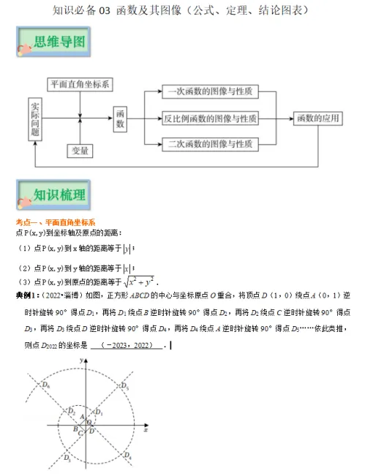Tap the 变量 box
pyautogui.click(x=80, y=150)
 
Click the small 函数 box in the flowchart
pyautogui.click(x=121, y=118)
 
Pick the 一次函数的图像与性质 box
pyautogui.click(x=209, y=92)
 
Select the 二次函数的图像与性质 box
pyautogui.click(x=209, y=144)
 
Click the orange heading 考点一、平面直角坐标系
pyautogui.click(x=56, y=222)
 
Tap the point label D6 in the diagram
pyautogui.click(x=46, y=385)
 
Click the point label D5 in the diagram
pyautogui.click(x=125, y=385)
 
